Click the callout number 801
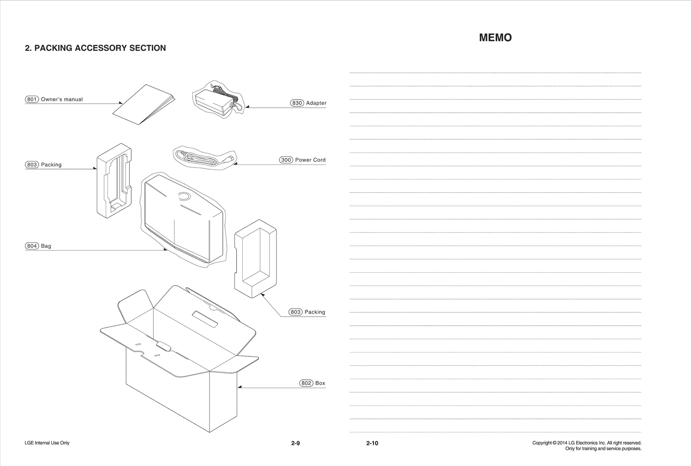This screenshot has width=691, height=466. [32, 99]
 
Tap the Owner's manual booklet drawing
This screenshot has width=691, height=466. [143, 105]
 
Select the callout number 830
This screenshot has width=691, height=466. [297, 103]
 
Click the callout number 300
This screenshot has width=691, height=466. [286, 160]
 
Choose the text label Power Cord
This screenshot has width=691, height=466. [310, 160]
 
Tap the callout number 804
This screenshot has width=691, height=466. [32, 246]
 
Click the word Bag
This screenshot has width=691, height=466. [46, 246]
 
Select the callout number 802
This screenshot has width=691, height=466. [306, 383]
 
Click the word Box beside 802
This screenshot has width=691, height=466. [320, 383]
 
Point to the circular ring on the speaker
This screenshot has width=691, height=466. [184, 196]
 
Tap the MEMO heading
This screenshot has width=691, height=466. [495, 38]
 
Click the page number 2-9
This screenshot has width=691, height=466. [295, 443]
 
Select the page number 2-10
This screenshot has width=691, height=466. [372, 443]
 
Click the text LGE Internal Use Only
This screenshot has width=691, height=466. [47, 443]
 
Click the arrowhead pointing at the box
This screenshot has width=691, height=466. [240, 387]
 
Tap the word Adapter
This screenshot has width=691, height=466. [316, 103]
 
